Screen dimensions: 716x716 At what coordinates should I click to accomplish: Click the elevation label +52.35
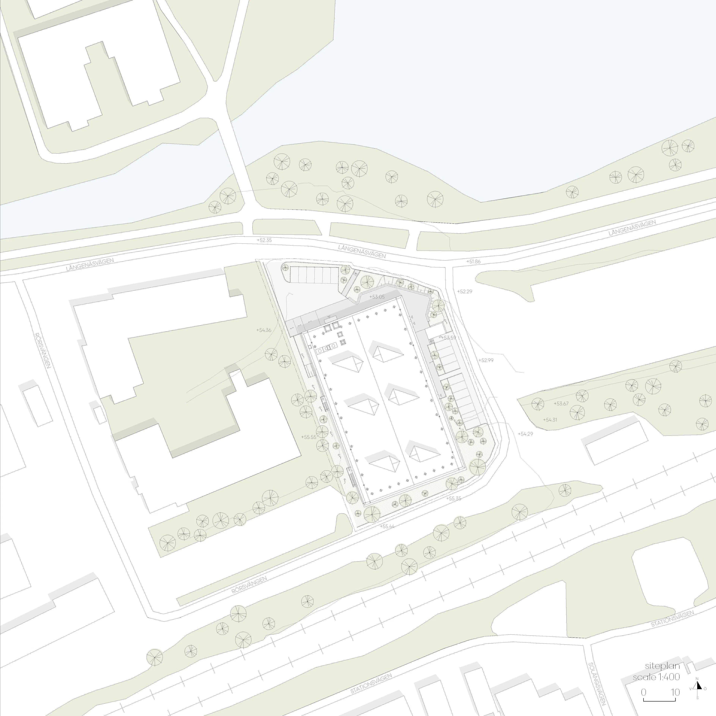pos(264,240)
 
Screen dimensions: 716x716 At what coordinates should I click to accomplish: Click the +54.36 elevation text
pos(264,330)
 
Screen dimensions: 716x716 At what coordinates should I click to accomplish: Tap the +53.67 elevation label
pos(561,404)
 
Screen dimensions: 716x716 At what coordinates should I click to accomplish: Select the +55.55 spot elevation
pos(309,437)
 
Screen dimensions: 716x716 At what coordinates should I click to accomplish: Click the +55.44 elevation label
pos(387,526)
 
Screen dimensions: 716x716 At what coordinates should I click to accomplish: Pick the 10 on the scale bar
pos(675,692)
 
